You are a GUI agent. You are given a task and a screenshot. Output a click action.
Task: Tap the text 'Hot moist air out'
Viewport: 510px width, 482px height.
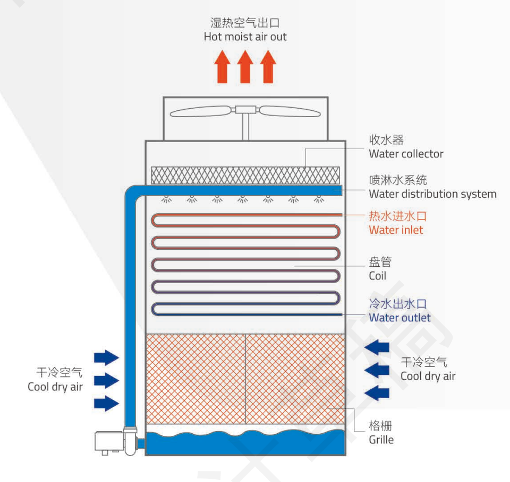[x=245, y=37]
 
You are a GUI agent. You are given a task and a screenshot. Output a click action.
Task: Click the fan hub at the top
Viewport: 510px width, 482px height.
[x=245, y=111]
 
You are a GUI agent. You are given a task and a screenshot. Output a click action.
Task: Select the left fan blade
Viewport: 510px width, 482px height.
[x=200, y=112]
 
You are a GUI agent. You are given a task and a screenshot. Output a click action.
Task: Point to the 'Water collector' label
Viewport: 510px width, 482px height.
[x=406, y=154]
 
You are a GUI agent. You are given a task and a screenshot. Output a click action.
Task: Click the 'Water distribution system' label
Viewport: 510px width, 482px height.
[x=432, y=194]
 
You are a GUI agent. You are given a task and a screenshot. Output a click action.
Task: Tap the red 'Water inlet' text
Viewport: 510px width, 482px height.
[x=396, y=230]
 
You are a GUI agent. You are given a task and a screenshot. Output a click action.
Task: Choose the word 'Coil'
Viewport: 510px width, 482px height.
[x=377, y=276]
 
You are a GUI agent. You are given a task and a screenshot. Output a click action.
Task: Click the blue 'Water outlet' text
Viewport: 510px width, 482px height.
[x=399, y=318]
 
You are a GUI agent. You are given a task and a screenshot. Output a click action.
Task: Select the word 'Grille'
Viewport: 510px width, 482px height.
[x=381, y=440]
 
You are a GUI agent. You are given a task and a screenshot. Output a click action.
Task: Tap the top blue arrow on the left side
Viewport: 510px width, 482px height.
[x=106, y=357]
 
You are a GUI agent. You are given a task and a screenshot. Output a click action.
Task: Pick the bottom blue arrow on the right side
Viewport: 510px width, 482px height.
[x=378, y=393]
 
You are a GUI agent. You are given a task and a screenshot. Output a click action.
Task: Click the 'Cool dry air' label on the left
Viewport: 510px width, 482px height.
[x=55, y=387]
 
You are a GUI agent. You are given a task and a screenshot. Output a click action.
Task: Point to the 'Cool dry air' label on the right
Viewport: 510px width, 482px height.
[x=428, y=376]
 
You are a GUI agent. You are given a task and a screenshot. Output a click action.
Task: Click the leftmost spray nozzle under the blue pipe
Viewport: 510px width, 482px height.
[x=167, y=199]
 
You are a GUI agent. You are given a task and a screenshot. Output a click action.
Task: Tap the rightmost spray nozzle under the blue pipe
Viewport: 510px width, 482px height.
[x=319, y=199]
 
